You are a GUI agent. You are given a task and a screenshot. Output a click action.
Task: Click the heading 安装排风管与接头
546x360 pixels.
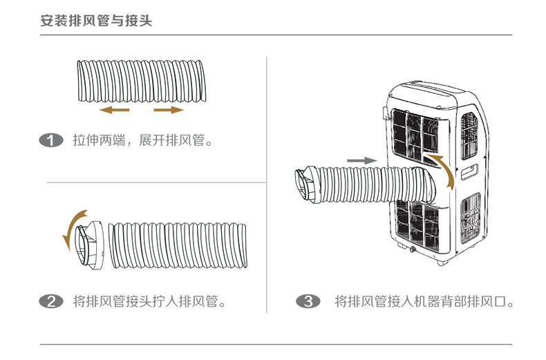(97, 21)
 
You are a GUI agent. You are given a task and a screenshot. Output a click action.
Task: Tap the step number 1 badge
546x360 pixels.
(52, 141)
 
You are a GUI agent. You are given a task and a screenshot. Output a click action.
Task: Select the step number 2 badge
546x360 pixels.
(52, 301)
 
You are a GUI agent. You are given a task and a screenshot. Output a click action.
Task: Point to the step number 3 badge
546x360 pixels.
(308, 301)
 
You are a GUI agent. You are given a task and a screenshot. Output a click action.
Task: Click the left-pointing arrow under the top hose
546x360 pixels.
(114, 110)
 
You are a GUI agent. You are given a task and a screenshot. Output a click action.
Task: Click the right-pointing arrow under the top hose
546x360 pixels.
(169, 110)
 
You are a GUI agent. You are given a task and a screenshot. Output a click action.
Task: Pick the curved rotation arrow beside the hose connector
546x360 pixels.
(71, 229)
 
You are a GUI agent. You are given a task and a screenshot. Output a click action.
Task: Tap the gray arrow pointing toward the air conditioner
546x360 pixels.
(361, 160)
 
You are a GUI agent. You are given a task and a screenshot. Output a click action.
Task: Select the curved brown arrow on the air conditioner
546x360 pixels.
(442, 170)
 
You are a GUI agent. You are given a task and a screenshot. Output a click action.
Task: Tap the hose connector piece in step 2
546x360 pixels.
(90, 244)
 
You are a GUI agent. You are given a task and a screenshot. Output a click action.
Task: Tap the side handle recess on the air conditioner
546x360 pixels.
(470, 170)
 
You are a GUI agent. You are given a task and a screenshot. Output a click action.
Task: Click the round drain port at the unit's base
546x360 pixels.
(412, 247)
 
